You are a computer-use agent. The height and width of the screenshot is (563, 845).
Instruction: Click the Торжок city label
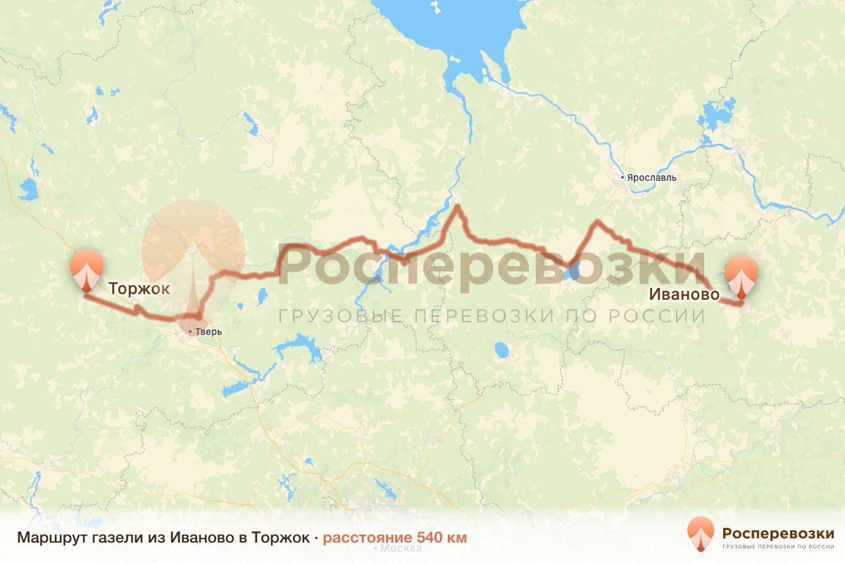(139, 289)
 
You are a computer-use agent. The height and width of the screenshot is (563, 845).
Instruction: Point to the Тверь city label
(210, 332)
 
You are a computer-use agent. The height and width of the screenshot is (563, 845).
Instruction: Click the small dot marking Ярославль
(622, 177)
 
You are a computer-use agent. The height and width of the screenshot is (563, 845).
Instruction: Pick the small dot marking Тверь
(190, 331)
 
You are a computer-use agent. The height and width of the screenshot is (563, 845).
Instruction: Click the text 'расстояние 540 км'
(394, 538)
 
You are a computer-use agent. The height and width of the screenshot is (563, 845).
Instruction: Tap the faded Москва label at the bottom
(396, 548)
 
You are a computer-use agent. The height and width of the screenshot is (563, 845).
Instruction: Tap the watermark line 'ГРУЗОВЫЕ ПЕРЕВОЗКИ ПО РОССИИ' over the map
(491, 315)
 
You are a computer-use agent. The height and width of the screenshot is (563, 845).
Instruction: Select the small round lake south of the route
(501, 349)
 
